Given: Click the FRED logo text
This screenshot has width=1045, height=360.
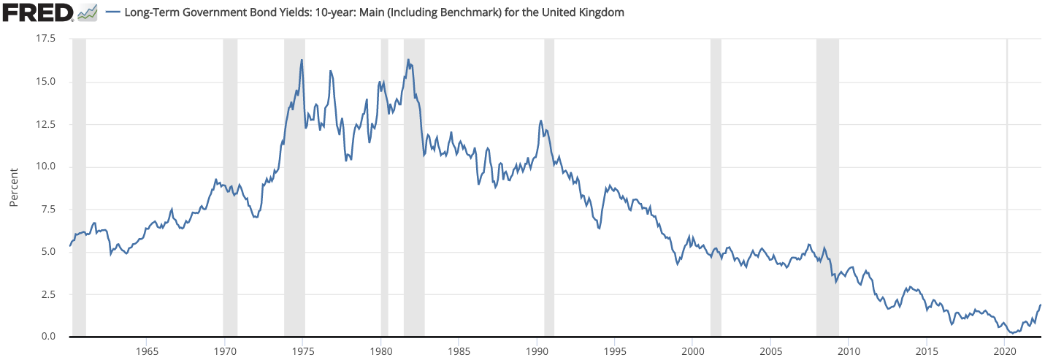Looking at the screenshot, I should click(37, 12).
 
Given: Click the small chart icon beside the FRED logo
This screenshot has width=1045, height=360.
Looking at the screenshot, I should click(88, 12).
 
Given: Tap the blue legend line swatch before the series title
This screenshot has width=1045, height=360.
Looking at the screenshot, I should click(114, 13).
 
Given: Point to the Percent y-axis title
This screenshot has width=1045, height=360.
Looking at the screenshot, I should click(13, 187).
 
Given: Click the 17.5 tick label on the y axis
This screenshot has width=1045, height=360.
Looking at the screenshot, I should click(45, 38).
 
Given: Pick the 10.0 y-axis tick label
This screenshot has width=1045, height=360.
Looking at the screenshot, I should click(45, 166).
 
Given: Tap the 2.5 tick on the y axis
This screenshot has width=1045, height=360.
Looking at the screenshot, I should click(48, 294).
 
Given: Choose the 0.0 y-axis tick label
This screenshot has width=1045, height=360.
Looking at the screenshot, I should click(48, 337).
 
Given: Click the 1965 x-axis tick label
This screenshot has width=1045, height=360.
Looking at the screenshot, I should click(147, 351).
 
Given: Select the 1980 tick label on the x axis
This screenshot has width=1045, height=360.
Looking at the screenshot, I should click(380, 351).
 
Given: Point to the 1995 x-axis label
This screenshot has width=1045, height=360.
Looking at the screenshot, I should click(615, 351).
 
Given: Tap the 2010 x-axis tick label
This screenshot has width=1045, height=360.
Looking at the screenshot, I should click(849, 351).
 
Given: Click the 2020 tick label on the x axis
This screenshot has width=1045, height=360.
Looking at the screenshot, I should click(1005, 351).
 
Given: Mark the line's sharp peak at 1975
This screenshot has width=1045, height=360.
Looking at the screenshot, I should click(302, 60).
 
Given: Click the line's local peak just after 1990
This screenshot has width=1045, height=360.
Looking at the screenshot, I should click(540, 120).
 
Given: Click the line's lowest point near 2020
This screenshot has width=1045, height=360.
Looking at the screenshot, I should click(1012, 333).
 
